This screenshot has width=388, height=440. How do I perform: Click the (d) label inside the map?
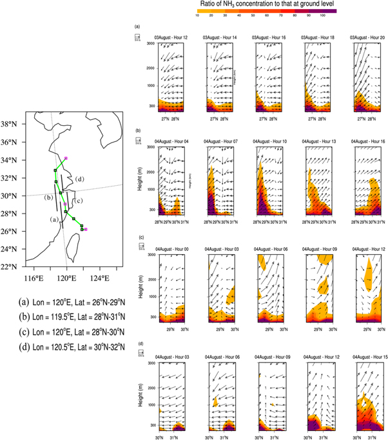(79, 179)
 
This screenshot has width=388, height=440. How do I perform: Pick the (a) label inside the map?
(55, 219)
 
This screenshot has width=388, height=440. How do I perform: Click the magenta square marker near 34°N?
(65, 157)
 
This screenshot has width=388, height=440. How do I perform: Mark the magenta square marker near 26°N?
(86, 229)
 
